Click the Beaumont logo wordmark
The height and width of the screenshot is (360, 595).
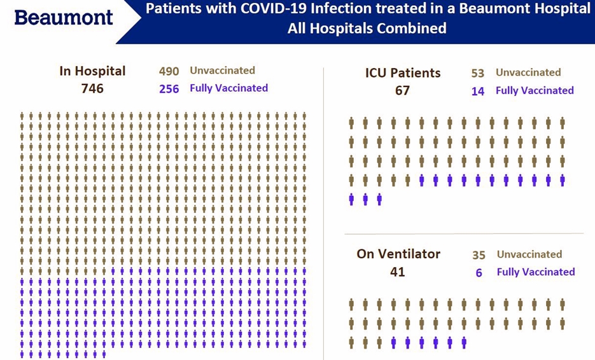(x=64, y=17)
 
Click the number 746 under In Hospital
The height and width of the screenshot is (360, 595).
(x=92, y=88)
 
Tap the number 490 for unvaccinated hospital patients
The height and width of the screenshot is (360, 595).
(x=169, y=71)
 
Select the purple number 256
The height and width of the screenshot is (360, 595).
(x=169, y=89)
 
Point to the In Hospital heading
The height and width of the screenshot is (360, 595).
(x=92, y=71)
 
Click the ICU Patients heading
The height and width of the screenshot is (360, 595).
(x=403, y=73)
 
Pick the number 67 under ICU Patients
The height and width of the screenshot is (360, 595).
(x=402, y=90)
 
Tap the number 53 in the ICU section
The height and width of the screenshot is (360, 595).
(x=478, y=73)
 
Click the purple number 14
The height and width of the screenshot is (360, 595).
(x=478, y=91)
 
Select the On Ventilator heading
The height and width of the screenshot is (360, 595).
(x=398, y=254)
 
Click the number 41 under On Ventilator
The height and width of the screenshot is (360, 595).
(x=397, y=272)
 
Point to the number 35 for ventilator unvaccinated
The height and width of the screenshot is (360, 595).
(x=479, y=255)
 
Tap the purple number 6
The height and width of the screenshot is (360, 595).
(x=479, y=273)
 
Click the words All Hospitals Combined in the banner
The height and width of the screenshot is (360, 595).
(x=367, y=28)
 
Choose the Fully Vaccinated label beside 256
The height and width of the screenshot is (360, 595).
(x=229, y=88)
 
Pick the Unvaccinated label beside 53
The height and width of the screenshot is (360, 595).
(x=528, y=72)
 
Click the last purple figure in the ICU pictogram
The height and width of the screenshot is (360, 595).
(x=379, y=199)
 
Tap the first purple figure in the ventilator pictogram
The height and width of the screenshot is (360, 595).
(x=393, y=343)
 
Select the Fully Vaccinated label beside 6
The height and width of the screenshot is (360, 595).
(x=536, y=272)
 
